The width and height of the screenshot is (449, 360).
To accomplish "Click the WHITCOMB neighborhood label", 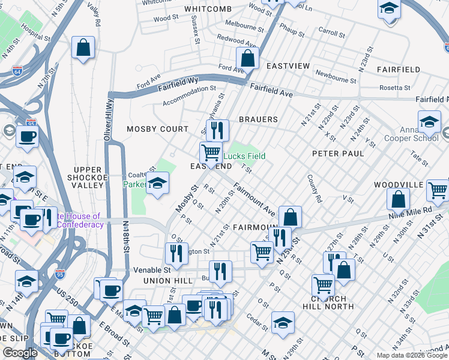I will click(208, 9).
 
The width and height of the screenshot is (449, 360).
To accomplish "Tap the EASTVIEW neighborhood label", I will click(288, 65).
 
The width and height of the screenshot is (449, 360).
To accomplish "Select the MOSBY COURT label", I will click(149, 129).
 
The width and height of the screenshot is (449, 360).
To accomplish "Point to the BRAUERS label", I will click(258, 119).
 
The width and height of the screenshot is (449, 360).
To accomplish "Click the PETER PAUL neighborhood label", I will click(338, 154).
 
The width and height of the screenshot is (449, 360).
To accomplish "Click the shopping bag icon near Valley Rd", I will click(83, 47).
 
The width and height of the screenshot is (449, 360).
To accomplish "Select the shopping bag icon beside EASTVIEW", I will click(247, 59).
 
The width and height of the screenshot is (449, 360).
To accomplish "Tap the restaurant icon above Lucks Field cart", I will click(217, 129).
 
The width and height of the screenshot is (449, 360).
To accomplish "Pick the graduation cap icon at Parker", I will click(157, 182).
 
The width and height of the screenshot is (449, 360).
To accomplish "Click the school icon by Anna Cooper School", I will click(429, 122).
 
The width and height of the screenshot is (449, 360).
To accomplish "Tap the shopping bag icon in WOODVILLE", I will click(398, 198).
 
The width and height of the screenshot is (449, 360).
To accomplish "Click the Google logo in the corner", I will click(20, 353).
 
